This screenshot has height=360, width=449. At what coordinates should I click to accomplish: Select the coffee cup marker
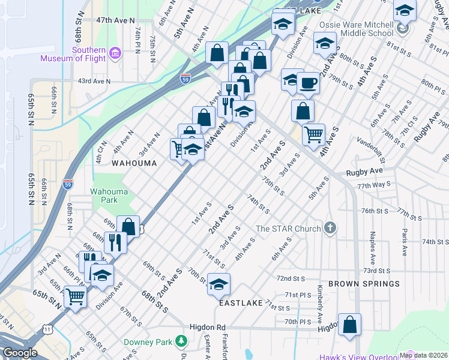click(308, 82)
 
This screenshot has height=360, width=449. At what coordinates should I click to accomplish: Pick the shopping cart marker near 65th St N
click(76, 296)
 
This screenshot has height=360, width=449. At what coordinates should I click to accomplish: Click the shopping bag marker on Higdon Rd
click(349, 324)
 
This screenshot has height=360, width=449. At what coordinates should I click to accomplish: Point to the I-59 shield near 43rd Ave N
click(185, 78)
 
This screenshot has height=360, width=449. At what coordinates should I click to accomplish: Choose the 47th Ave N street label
click(116, 20)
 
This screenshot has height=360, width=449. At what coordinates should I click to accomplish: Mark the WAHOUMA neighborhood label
click(134, 163)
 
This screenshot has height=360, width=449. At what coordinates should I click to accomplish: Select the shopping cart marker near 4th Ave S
click(313, 134)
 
